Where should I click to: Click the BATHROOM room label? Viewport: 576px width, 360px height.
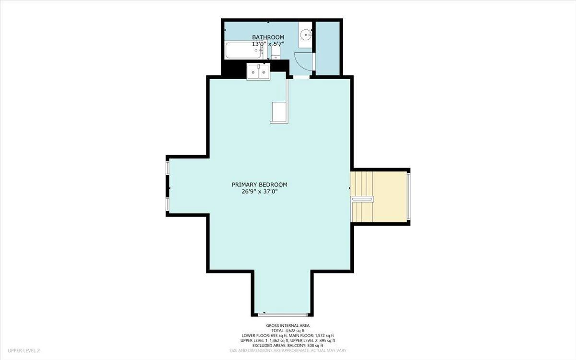[x=268, y=37]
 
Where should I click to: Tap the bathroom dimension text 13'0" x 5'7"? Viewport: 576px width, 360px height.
[x=268, y=44]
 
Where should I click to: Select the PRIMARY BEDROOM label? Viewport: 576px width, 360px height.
[x=260, y=185]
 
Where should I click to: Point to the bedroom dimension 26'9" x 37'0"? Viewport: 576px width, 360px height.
[x=260, y=192]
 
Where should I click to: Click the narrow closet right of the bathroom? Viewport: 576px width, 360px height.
[x=327, y=48]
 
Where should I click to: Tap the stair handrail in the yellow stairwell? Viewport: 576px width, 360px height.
[x=362, y=199]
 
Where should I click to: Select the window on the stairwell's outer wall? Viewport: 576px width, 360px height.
[x=408, y=197]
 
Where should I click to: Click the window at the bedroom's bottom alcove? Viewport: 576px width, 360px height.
[x=283, y=314]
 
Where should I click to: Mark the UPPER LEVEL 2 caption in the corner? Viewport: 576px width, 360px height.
[x=24, y=350]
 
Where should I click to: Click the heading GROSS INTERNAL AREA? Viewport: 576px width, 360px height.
[x=288, y=325]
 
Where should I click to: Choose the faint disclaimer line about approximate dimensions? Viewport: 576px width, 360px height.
[x=288, y=350]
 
